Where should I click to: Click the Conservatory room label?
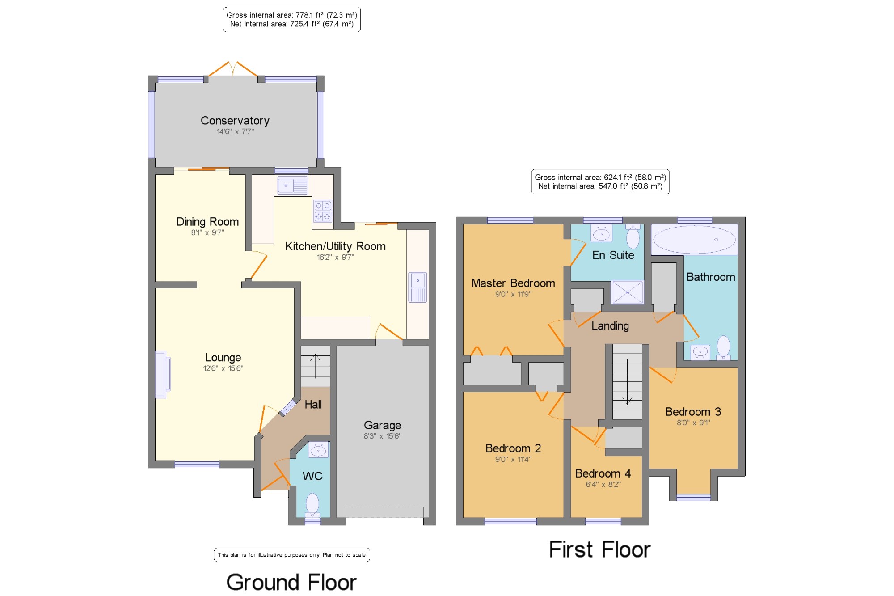point(235,121)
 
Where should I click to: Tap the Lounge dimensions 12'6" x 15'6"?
point(223,368)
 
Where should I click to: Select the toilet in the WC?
point(312,505)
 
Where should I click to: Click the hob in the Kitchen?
point(323,211)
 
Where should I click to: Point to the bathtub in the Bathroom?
point(694,240)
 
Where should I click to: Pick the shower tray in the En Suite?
point(628,292)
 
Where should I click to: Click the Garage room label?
point(382,425)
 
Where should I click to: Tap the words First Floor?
point(600,550)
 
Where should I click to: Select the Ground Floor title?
point(291,582)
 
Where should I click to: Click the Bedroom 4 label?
point(603,473)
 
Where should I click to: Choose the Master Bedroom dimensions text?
point(513,294)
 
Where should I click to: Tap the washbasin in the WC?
point(318,449)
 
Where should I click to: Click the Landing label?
point(610,326)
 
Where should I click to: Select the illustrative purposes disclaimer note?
point(292,555)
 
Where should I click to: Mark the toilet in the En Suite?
point(633,236)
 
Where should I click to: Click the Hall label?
point(313,405)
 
